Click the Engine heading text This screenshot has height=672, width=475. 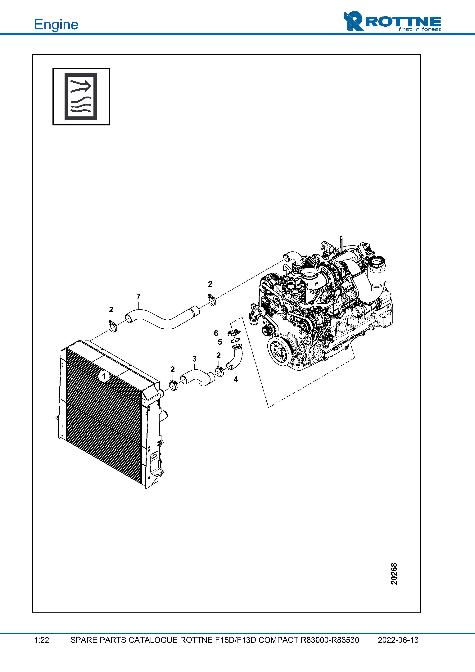56,25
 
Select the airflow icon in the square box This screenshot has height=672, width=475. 81,97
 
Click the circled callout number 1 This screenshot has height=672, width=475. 104,376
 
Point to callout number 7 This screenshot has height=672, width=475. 138,296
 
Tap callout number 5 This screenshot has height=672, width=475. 220,342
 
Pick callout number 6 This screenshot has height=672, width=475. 216,333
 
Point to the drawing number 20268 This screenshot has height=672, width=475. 394,574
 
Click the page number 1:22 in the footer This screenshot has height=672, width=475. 42,640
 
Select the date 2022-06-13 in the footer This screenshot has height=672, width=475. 398,640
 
